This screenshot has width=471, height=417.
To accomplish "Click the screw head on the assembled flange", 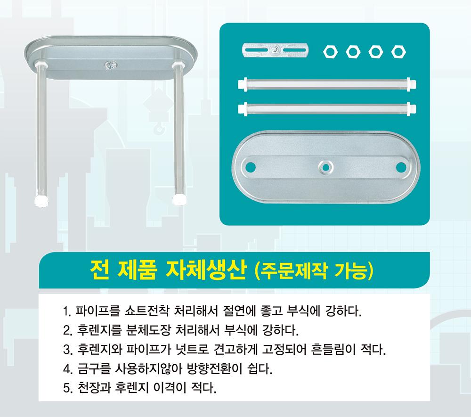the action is pyautogui.click(x=111, y=65).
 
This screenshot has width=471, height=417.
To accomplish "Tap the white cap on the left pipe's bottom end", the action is pyautogui.click(x=41, y=201).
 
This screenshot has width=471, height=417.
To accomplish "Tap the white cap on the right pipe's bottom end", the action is pyautogui.click(x=179, y=200).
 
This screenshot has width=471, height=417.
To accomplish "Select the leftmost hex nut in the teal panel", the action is pyautogui.click(x=330, y=52).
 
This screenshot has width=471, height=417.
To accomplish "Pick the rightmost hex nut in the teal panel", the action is pyautogui.click(x=398, y=52).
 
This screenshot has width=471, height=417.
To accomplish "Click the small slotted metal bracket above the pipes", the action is pyautogui.click(x=275, y=50).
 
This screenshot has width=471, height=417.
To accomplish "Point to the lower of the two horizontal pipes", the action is pyautogui.click(x=327, y=107).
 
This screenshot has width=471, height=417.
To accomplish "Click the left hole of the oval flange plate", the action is pyautogui.click(x=251, y=167).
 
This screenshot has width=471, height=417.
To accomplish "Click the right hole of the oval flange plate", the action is pyautogui.click(x=401, y=167).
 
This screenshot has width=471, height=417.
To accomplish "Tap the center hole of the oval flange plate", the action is pyautogui.click(x=325, y=167).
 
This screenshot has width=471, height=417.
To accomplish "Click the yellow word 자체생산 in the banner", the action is pyautogui.click(x=206, y=270).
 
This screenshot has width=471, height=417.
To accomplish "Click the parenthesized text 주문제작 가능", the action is pyautogui.click(x=314, y=270).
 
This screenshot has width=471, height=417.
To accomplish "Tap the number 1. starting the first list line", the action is pyautogui.click(x=67, y=311).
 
